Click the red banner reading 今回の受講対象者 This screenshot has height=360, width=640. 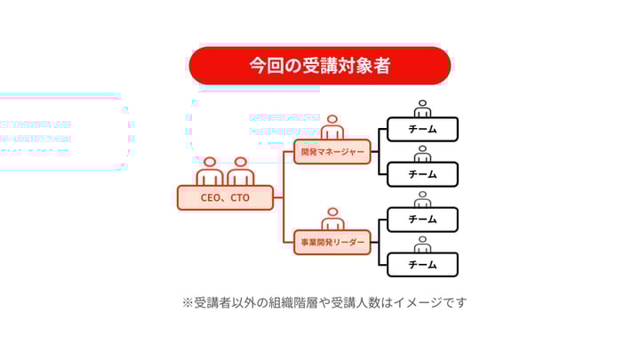[320, 66]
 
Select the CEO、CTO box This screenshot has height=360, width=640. [226, 197]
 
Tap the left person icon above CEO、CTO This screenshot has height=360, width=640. [210, 171]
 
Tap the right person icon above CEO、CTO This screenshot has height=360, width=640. [240, 171]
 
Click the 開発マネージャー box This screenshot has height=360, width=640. [332, 152]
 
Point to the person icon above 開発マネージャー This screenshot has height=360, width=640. [333, 127]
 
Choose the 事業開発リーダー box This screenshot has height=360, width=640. [332, 243]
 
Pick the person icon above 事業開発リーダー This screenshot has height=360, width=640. [333, 219]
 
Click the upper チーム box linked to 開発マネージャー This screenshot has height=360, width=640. [422, 129]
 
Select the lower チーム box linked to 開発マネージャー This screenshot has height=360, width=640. [422, 174]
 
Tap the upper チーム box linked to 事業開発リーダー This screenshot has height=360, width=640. [422, 220]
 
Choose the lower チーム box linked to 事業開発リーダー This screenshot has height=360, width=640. [422, 265]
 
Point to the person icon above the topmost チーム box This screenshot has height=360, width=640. [423, 108]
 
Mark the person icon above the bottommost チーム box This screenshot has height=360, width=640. [423, 244]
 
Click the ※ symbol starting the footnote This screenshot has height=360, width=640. [188, 302]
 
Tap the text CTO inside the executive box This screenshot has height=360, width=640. [240, 197]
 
